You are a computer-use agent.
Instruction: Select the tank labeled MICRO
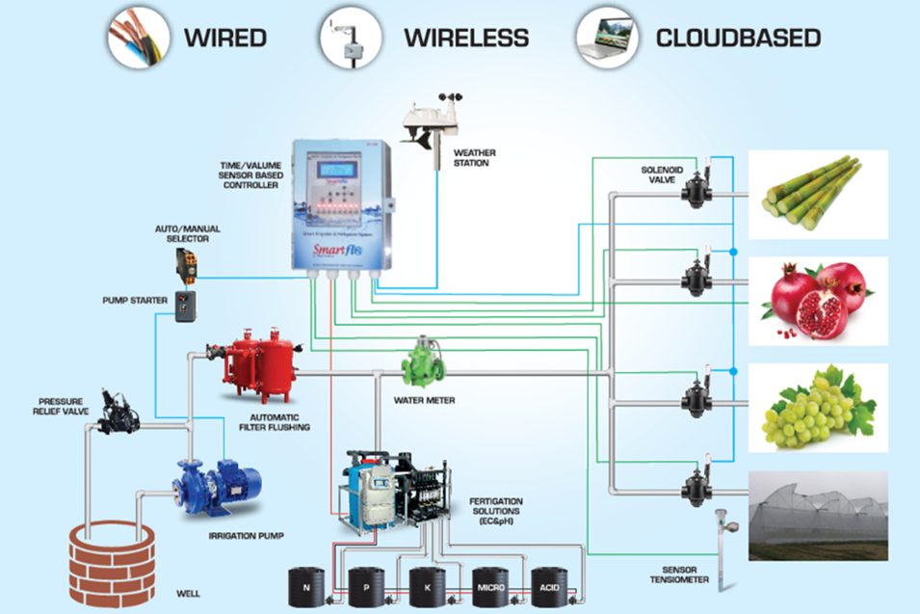(490, 586)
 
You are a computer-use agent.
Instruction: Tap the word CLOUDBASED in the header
(738, 39)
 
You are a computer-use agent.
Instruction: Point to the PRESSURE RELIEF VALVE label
(61, 407)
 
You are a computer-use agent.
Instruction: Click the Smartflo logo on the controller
(329, 251)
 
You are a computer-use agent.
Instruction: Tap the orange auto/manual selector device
(187, 263)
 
